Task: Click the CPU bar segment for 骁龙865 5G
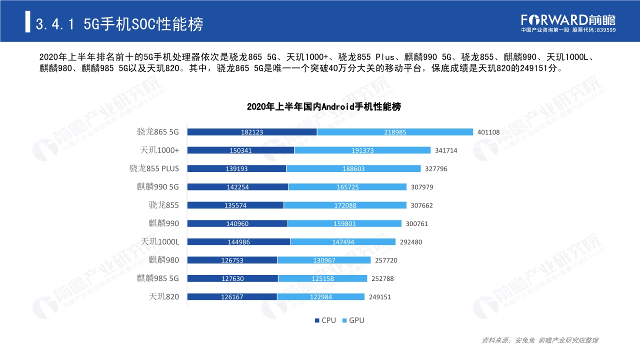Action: pyautogui.click(x=252, y=132)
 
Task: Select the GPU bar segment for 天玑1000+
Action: pyautogui.click(x=362, y=150)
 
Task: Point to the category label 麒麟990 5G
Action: pyautogui.click(x=157, y=187)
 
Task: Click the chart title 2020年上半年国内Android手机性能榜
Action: pyautogui.click(x=323, y=107)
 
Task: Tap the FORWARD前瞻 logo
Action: pyautogui.click(x=568, y=19)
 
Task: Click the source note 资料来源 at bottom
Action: pyautogui.click(x=539, y=340)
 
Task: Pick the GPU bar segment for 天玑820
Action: pyautogui.click(x=320, y=297)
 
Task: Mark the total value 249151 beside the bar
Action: pyautogui.click(x=380, y=297)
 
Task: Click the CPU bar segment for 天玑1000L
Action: pyautogui.click(x=238, y=242)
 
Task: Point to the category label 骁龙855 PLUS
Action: pyautogui.click(x=154, y=168)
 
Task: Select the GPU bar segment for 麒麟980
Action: pyautogui.click(x=324, y=260)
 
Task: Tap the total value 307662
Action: pyautogui.click(x=422, y=205)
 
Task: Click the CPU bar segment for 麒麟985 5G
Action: pyautogui.click(x=232, y=278)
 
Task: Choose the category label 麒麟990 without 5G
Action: pyautogui.click(x=163, y=223)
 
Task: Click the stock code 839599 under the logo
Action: pyautogui.click(x=605, y=30)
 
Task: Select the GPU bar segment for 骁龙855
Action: pyautogui.click(x=345, y=205)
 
